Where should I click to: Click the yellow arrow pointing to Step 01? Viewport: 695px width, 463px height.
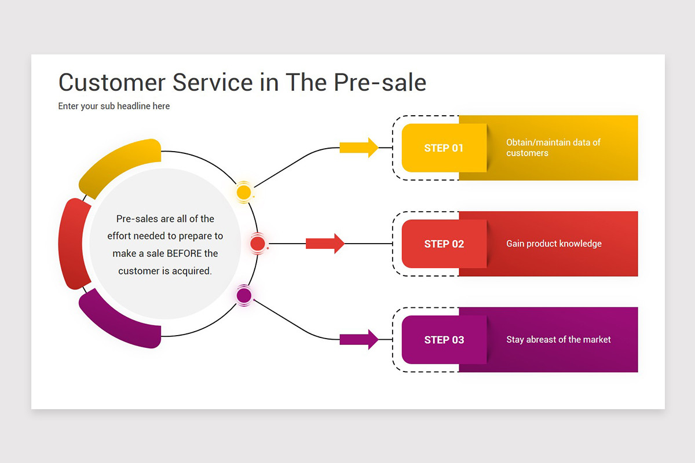click(x=359, y=148)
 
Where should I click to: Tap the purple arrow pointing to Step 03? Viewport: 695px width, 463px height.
click(x=359, y=339)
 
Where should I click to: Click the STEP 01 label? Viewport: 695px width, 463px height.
click(x=444, y=148)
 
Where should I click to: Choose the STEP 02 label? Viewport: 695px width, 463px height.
click(x=444, y=244)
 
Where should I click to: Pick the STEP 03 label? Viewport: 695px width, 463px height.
click(x=444, y=340)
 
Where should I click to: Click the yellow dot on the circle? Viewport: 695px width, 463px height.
click(x=244, y=192)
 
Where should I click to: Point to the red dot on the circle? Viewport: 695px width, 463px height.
click(x=258, y=244)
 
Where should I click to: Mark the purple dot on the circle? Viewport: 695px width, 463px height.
click(x=244, y=296)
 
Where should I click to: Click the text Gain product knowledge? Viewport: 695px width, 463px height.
click(x=554, y=244)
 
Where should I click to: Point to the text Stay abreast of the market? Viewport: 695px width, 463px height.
click(x=558, y=340)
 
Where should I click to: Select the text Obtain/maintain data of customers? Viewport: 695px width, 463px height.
click(x=553, y=148)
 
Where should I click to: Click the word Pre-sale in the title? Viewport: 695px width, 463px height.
click(x=380, y=83)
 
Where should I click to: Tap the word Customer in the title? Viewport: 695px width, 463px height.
click(x=111, y=83)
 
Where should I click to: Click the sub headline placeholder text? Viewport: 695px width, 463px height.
click(x=114, y=106)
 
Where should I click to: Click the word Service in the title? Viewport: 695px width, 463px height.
click(x=213, y=83)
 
